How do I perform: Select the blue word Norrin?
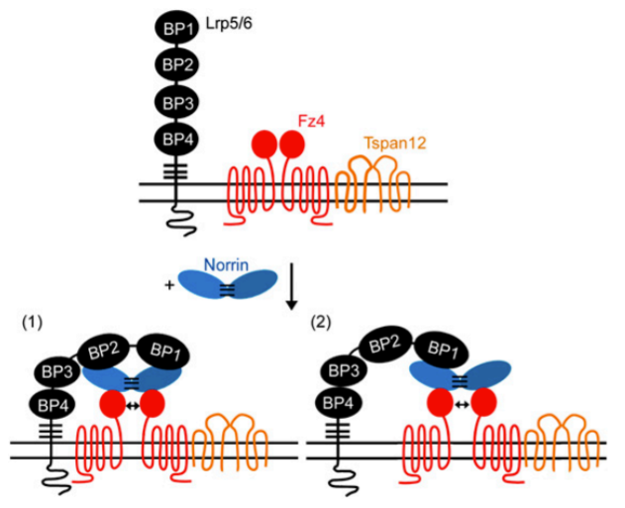click(227, 264)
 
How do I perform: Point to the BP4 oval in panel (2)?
click(343, 407)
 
